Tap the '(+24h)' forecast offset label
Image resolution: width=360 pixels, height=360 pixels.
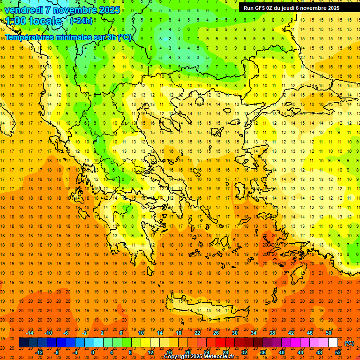(x=81, y=21)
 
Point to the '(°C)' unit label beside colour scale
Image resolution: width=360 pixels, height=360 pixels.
(x=349, y=343)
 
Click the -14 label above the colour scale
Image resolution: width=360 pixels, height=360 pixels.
(x=30, y=333)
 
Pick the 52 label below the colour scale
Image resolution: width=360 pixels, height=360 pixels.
(x=337, y=352)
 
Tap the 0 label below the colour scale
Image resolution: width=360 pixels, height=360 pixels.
(x=92, y=352)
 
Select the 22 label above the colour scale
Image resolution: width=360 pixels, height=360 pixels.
(x=197, y=333)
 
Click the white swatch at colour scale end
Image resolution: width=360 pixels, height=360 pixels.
(x=333, y=343)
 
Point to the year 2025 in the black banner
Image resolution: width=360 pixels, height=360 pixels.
(x=333, y=8)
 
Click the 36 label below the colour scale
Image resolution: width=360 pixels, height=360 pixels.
(x=262, y=352)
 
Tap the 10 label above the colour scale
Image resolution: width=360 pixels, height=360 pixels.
(x=141, y=333)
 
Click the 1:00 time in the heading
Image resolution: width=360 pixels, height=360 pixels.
(x=15, y=21)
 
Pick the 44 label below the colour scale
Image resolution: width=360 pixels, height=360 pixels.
(x=300, y=352)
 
